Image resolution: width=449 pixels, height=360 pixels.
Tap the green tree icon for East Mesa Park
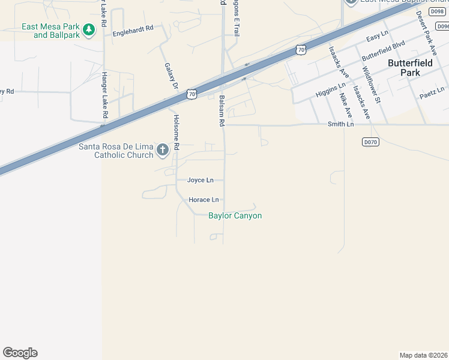pyautogui.click(x=89, y=29)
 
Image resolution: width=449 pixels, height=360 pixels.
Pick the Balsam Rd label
pyautogui.click(x=221, y=111)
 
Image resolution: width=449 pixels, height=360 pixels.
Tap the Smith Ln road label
pyautogui.click(x=340, y=124)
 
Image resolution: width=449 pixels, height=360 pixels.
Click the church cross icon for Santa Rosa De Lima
pyautogui.click(x=162, y=150)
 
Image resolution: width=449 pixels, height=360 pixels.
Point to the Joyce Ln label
pyautogui.click(x=200, y=180)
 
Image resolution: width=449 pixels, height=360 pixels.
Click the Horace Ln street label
pyautogui.click(x=203, y=200)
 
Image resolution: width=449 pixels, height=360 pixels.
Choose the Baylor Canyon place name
pyautogui.click(x=235, y=216)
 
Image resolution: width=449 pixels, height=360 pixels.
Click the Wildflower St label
pyautogui.click(x=372, y=84)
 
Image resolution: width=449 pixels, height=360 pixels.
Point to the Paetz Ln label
pyautogui.click(x=432, y=91)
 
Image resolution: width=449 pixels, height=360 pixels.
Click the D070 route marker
pyautogui.click(x=371, y=142)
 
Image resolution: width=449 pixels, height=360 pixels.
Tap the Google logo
pyautogui.click(x=20, y=353)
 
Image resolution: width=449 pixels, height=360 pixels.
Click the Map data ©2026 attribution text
pyautogui.click(x=424, y=355)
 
